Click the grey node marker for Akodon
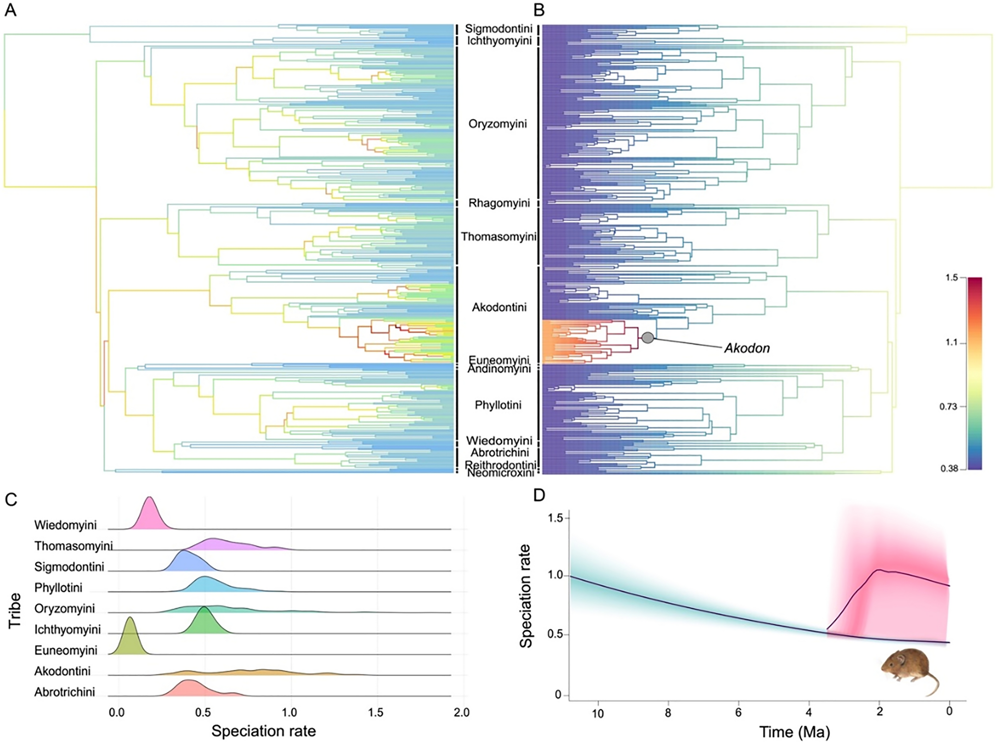tap(647, 338)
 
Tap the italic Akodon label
tap(747, 348)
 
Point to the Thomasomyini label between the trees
tap(498, 237)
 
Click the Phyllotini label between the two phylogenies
tap(498, 405)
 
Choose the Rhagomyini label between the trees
tap(499, 203)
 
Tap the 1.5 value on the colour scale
tap(951, 278)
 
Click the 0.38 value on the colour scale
tap(949, 468)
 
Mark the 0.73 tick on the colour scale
tap(948, 407)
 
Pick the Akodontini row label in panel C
tap(62, 671)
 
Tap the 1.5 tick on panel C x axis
tap(375, 712)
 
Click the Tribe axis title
tap(15, 611)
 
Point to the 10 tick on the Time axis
tap(598, 713)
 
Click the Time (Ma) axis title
tap(794, 732)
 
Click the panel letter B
tap(539, 10)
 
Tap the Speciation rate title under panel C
tap(263, 731)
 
